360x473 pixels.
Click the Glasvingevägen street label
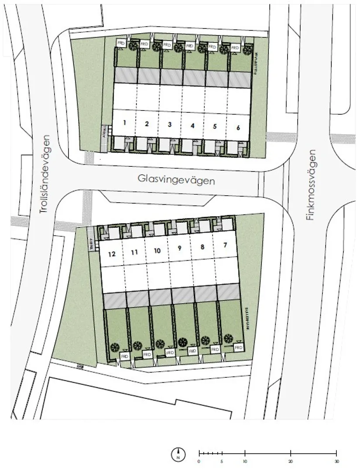tap(176, 180)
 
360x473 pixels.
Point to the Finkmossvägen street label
tap(310, 185)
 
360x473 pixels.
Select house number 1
tap(125, 123)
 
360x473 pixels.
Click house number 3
tap(170, 124)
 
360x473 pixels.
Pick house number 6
tap(238, 128)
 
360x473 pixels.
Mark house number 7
tap(225, 245)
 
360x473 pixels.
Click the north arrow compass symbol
tap(178, 454)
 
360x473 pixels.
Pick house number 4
tap(192, 126)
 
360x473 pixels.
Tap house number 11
tap(134, 252)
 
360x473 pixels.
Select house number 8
tap(202, 247)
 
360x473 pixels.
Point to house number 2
tap(147, 124)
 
